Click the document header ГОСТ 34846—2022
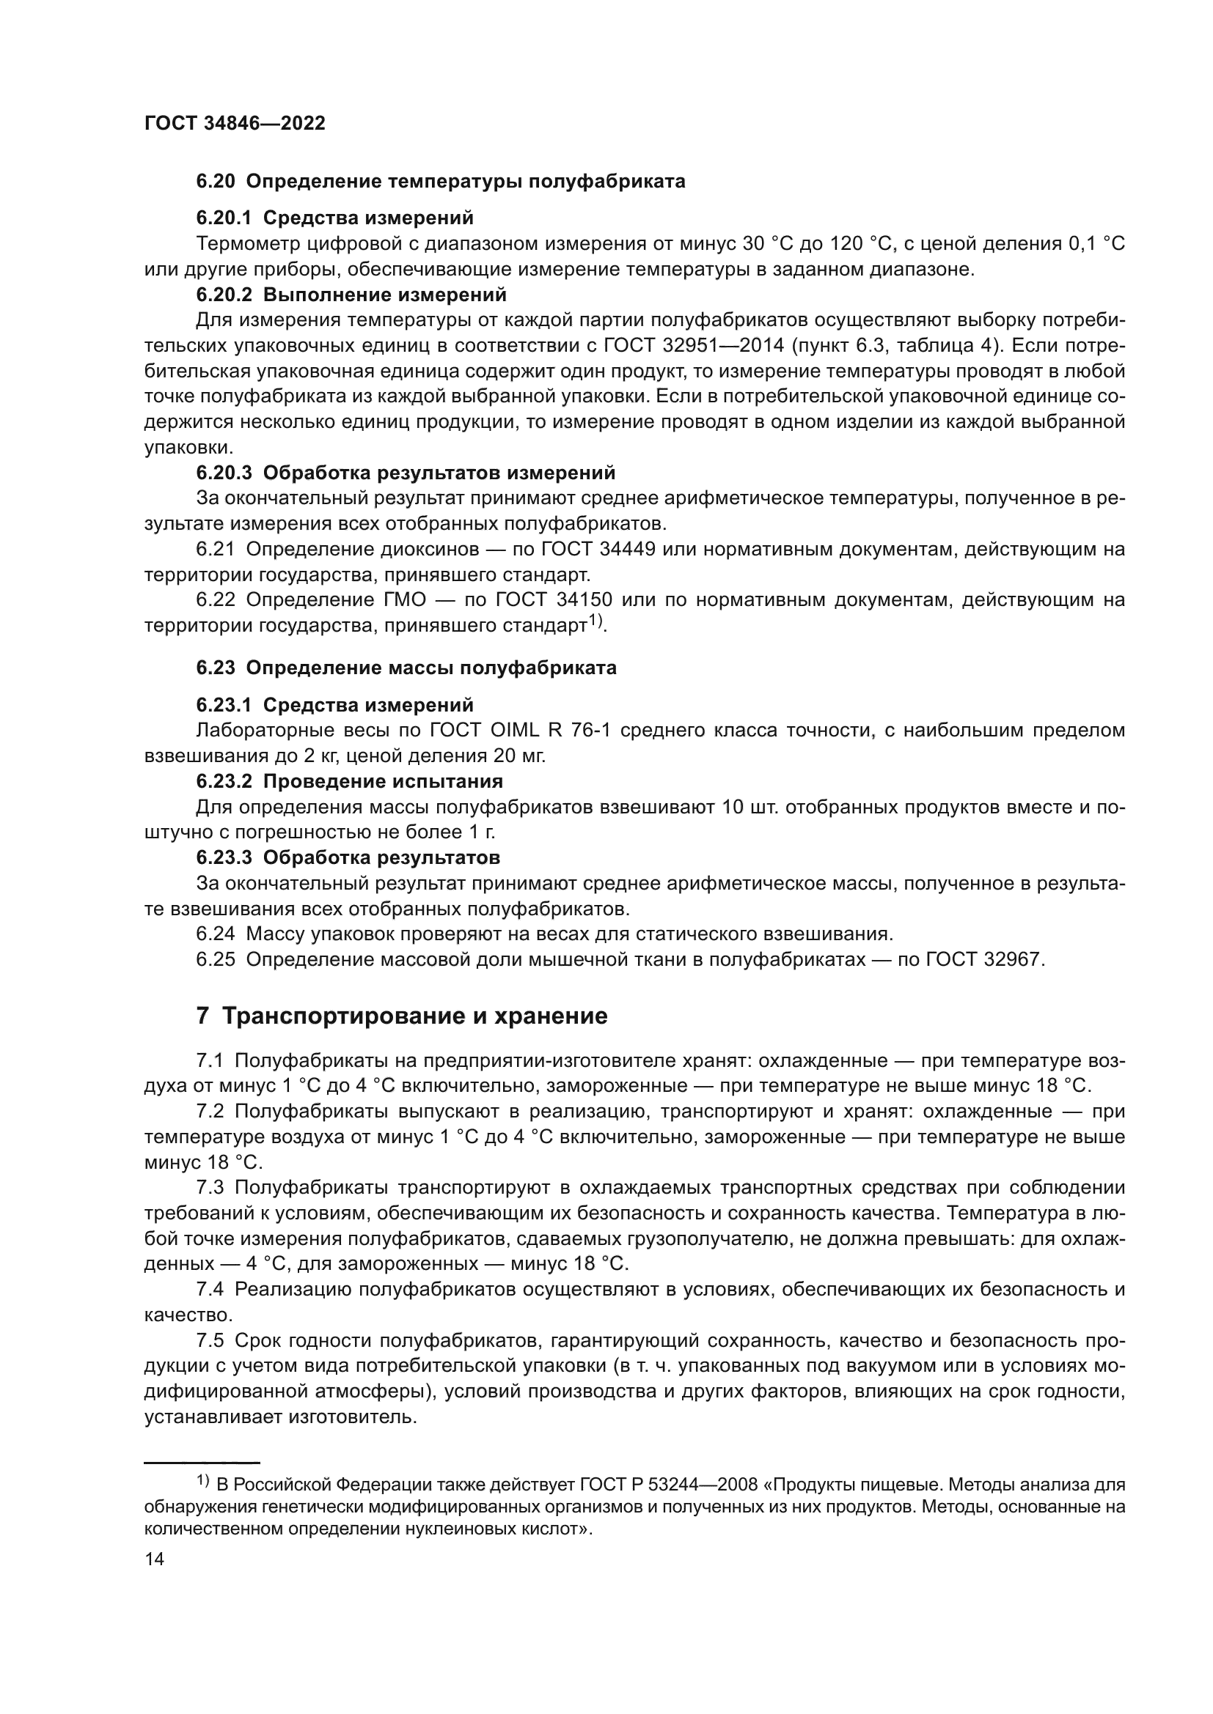click(x=235, y=123)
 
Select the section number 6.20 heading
click(x=216, y=182)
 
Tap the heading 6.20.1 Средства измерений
click(x=334, y=218)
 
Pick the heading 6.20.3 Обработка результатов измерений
click(x=406, y=473)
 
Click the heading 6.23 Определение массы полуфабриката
click(x=406, y=668)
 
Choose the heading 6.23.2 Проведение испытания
click(x=350, y=781)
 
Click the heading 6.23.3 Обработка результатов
click(x=348, y=857)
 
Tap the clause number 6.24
click(x=215, y=934)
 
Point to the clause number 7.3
click(x=210, y=1188)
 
